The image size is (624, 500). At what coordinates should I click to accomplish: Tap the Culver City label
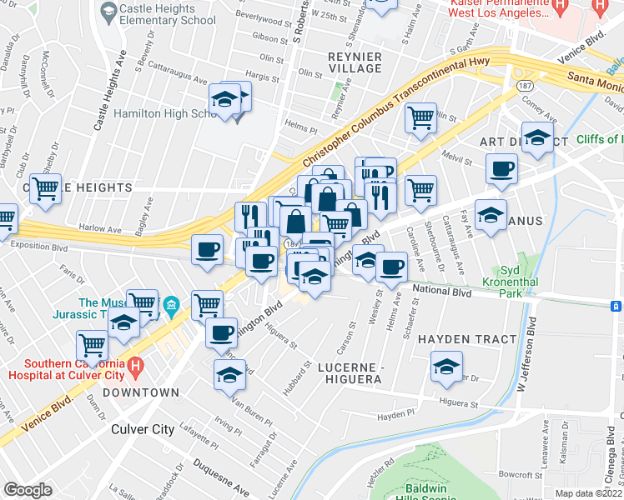(143, 430)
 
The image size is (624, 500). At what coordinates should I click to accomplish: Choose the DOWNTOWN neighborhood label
(141, 392)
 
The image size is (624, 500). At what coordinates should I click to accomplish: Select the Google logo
(28, 490)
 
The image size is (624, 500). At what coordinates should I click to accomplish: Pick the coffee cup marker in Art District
(502, 169)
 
